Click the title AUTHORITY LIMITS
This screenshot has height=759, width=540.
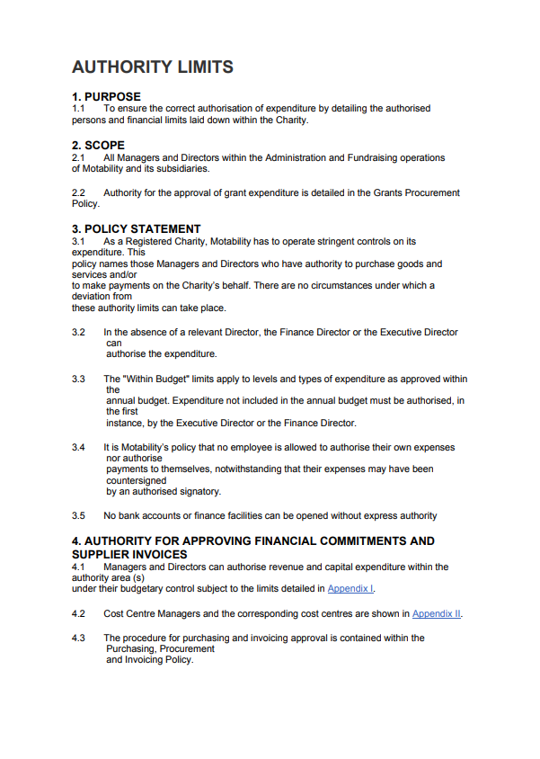(153, 67)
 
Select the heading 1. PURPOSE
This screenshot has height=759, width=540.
(106, 97)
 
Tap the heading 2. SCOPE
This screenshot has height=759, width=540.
(98, 145)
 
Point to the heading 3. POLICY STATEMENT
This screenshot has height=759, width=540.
(136, 229)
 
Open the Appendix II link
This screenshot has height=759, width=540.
(437, 613)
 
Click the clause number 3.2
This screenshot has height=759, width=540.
(78, 332)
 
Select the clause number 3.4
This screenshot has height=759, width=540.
(78, 447)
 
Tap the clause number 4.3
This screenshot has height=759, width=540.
(78, 638)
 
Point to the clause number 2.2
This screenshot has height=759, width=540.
(78, 192)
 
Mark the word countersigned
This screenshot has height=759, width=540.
(135, 480)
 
